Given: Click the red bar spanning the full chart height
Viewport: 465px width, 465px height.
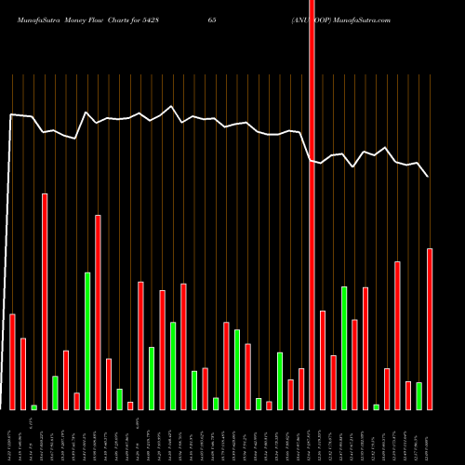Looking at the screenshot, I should point(312,205).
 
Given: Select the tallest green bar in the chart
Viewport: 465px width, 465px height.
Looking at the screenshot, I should point(87,340).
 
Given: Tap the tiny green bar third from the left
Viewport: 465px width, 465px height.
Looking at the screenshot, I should point(34,406).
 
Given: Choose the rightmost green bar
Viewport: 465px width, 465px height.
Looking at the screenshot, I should point(418,395).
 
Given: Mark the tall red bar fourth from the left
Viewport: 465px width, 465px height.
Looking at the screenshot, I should point(45,301).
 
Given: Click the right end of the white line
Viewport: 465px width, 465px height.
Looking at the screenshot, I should point(428,176).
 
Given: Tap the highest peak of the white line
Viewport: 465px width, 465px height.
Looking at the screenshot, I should point(171,106).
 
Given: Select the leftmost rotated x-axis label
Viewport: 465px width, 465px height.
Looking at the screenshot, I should point(9,437).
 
